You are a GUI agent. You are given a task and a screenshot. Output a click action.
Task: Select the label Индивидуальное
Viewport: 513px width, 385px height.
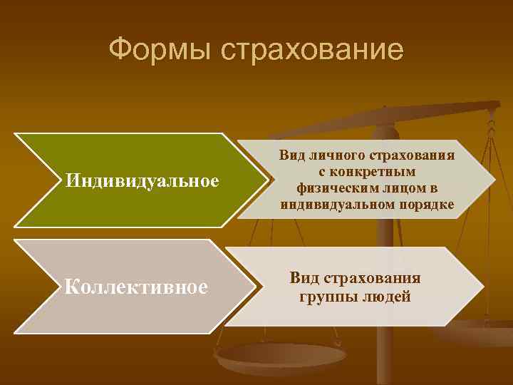click(142, 180)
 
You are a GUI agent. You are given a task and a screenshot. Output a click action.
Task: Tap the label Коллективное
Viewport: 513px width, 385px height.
click(136, 287)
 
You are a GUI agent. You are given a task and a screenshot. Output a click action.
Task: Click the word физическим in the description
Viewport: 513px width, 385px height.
click(331, 188)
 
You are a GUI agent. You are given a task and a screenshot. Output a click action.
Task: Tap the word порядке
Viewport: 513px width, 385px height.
click(425, 205)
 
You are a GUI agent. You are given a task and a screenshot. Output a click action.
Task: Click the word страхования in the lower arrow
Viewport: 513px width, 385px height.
click(374, 278)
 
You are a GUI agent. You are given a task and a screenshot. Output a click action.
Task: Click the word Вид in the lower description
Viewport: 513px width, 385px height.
click(304, 278)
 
